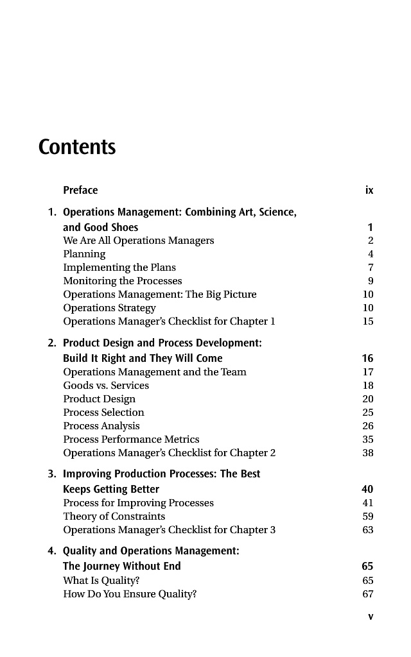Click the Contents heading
(x=77, y=147)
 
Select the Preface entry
(x=80, y=190)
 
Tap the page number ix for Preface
(x=369, y=190)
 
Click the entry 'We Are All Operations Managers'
(x=138, y=241)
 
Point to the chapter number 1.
(x=51, y=212)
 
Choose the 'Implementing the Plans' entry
(x=119, y=267)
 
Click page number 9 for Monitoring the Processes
(x=371, y=280)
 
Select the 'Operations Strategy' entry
(x=109, y=307)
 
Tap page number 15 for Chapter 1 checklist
(x=368, y=321)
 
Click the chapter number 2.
(x=51, y=343)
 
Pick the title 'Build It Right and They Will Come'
(x=143, y=358)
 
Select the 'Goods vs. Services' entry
(x=106, y=386)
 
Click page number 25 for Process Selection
(x=368, y=412)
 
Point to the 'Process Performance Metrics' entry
(x=131, y=439)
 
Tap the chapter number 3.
(x=51, y=474)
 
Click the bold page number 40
(x=368, y=489)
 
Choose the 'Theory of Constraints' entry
(x=114, y=516)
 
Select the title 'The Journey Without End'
(x=121, y=566)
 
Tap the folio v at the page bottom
(x=370, y=617)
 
